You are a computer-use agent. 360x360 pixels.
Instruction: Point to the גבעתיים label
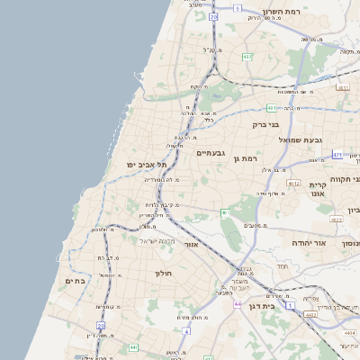(x=216, y=153)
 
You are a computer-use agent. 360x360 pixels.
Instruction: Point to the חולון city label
(x=163, y=273)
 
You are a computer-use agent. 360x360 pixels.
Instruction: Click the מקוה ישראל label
(x=157, y=240)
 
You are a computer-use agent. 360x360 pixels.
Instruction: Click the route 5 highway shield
(x=238, y=7)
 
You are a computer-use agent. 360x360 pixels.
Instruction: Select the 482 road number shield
(x=247, y=57)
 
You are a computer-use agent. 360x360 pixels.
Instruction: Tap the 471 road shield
(x=337, y=155)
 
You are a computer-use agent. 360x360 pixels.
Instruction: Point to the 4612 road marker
(x=293, y=183)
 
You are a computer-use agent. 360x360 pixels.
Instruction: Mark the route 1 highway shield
(x=290, y=305)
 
